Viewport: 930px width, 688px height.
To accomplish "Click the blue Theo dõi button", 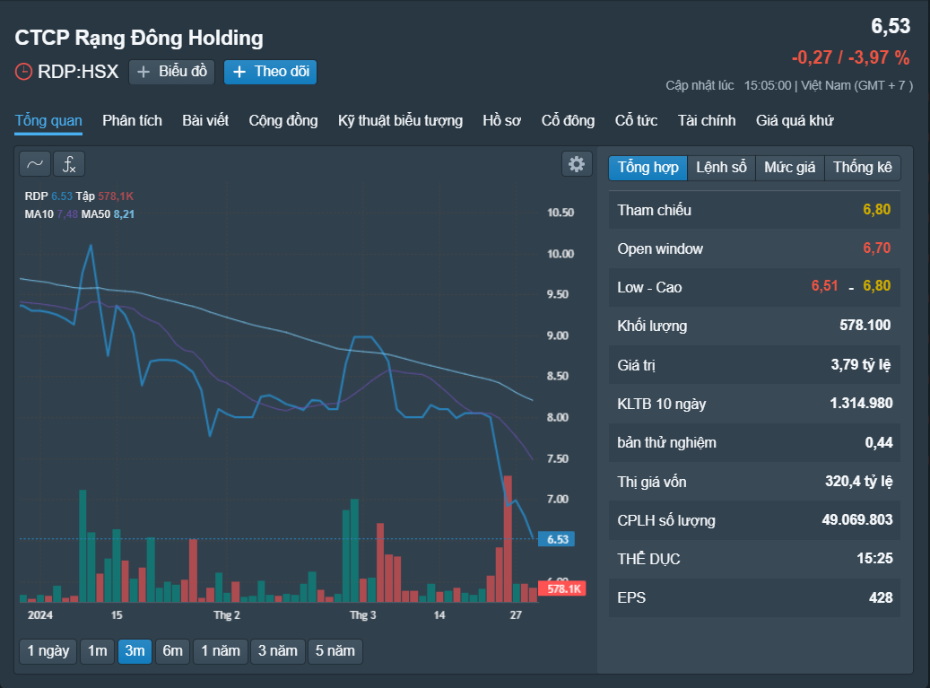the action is (270, 72).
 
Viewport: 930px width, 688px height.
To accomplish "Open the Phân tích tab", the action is (132, 120).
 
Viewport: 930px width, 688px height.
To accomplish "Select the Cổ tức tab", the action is (636, 120).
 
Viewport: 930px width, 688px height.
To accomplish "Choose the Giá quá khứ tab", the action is (795, 120).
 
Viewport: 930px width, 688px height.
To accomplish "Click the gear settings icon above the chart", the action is (577, 164).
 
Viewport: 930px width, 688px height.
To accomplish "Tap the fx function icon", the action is (69, 164).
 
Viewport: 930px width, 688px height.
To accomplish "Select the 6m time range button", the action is (172, 650).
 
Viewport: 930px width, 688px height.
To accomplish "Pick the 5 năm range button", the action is (335, 650).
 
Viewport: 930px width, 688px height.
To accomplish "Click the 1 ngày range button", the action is (48, 650).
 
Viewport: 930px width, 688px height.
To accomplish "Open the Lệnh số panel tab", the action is (721, 167).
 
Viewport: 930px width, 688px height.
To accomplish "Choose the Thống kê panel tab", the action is (863, 167).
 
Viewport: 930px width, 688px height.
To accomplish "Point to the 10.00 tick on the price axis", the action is (561, 254).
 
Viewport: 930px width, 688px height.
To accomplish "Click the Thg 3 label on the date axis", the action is (363, 615).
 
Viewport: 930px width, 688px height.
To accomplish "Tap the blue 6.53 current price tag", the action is (556, 539).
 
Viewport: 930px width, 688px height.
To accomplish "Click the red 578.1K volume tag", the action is (562, 588).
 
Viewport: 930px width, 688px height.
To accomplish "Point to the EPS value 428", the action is (881, 597).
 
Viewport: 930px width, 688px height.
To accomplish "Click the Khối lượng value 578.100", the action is (865, 325).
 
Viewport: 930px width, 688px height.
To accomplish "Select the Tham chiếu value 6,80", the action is (877, 209).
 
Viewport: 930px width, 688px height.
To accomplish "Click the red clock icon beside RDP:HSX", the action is (23, 72).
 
